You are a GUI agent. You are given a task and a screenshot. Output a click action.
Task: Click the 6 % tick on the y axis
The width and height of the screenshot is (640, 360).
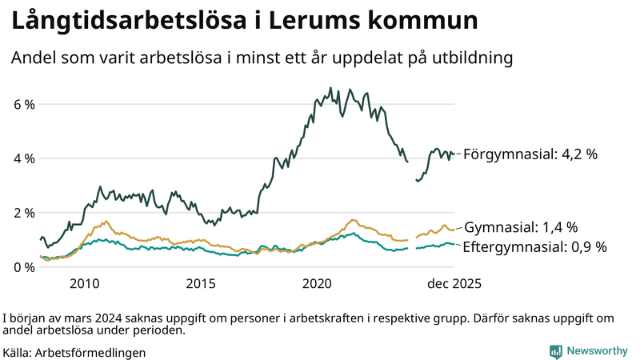(x=23, y=105)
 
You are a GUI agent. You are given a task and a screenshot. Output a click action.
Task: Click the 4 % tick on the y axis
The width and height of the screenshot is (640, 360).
(x=23, y=158)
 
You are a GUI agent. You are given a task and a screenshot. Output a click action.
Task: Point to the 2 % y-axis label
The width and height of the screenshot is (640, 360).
(x=23, y=213)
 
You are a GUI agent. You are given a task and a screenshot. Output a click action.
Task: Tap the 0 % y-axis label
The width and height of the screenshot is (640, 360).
(x=23, y=267)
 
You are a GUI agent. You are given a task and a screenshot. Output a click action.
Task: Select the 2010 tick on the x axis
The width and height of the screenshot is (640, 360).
(x=84, y=284)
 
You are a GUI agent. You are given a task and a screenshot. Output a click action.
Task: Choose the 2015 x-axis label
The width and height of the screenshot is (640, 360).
(x=201, y=284)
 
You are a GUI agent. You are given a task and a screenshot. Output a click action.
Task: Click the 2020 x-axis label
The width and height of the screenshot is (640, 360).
(x=318, y=284)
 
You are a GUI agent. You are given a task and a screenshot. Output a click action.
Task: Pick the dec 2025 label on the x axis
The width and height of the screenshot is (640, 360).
(x=453, y=284)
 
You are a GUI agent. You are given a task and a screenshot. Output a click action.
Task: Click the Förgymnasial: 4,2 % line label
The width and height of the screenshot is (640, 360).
(x=530, y=154)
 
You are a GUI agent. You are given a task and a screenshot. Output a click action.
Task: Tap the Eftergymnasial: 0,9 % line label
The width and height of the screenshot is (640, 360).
(x=534, y=247)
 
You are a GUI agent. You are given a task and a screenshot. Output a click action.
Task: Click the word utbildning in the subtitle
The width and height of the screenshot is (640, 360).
(x=470, y=58)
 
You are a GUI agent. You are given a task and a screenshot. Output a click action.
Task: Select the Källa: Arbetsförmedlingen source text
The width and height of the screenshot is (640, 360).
(x=74, y=351)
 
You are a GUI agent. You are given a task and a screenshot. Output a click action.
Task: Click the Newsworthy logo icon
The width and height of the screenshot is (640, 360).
(x=555, y=351)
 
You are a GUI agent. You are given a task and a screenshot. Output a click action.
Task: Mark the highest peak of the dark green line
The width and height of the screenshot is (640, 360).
(x=331, y=88)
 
